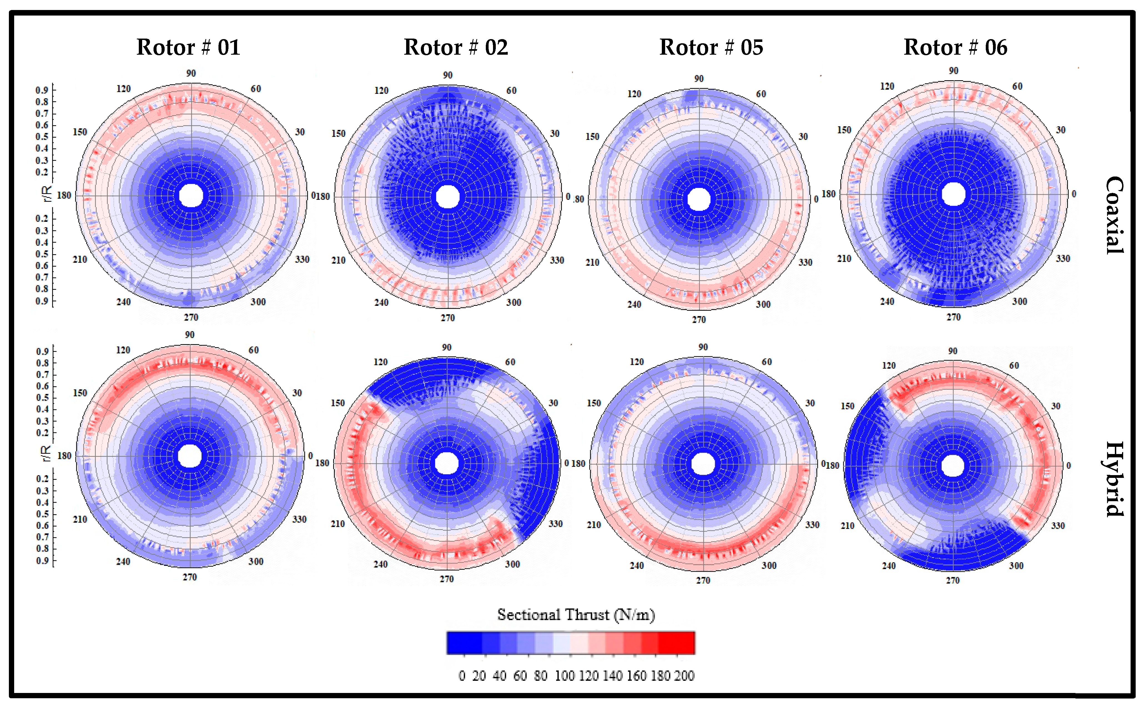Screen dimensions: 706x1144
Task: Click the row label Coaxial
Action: (1115, 215)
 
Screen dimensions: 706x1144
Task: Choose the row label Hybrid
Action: (1115, 479)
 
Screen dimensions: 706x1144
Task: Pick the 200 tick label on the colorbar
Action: (684, 676)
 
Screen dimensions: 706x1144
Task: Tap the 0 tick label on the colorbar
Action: (462, 676)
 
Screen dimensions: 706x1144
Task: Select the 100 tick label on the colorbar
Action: (565, 676)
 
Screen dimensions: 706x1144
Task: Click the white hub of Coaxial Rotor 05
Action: (699, 199)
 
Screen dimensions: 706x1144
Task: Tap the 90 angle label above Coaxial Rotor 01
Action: (191, 73)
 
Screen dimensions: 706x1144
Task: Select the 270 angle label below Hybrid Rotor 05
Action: (703, 580)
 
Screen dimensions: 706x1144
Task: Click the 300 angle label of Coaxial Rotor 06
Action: (1019, 302)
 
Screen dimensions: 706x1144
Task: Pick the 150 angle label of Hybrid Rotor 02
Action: (338, 403)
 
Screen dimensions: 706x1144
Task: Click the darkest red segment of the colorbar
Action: (676, 642)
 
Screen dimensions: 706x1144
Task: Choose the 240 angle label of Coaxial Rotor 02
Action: (381, 302)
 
